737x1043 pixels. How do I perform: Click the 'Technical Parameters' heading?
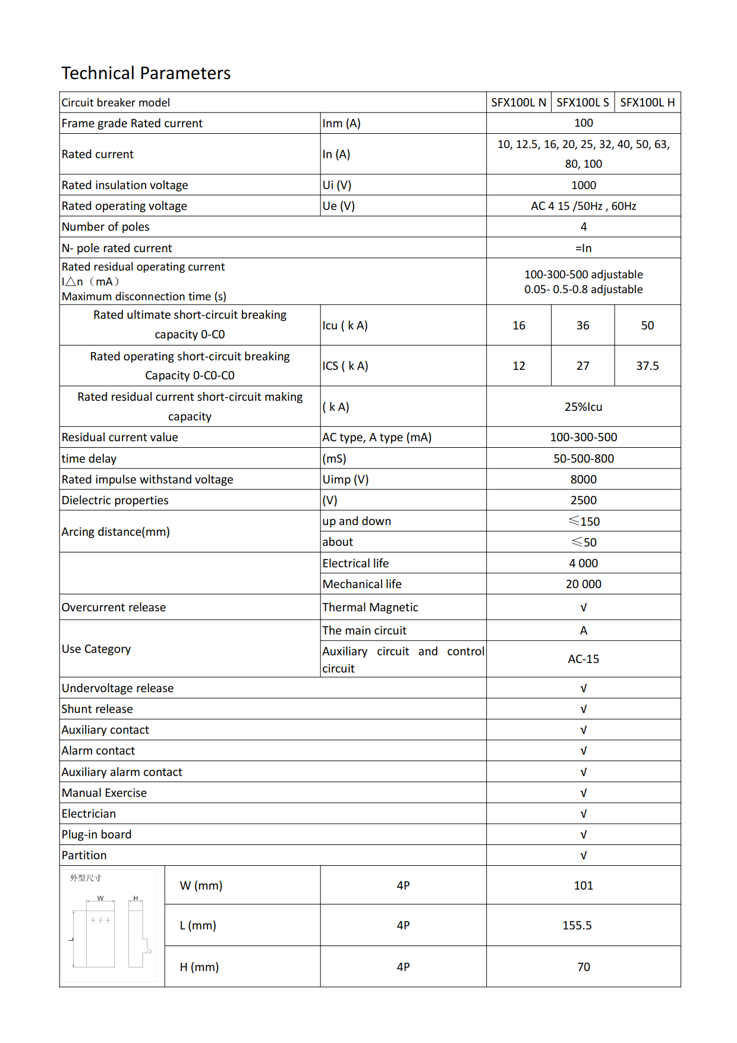[x=146, y=73]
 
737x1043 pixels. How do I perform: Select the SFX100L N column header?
[x=518, y=102]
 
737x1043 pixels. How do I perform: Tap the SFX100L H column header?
[x=647, y=102]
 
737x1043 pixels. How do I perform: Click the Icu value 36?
[x=582, y=325]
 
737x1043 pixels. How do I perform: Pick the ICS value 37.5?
[x=647, y=366]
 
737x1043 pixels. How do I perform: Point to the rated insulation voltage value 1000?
[x=583, y=185]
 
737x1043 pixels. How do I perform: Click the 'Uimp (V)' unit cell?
[x=345, y=479]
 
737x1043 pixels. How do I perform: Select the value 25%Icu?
[x=583, y=407]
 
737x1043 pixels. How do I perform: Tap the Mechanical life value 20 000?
[x=583, y=584]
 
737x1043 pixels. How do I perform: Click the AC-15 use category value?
[x=583, y=659]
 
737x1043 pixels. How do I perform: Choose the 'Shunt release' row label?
[x=97, y=709]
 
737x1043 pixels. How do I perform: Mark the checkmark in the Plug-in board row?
[x=583, y=835]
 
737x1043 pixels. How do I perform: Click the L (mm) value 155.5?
[x=577, y=925]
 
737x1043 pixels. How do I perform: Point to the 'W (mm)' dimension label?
[x=201, y=885]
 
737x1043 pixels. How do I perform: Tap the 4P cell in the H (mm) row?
[x=403, y=967]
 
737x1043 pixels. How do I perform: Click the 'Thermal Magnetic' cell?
[x=370, y=607]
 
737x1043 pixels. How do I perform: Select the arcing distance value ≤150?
[x=584, y=521]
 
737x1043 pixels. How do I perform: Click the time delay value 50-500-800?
[x=583, y=458]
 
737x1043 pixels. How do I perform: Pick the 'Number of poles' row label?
[x=106, y=227]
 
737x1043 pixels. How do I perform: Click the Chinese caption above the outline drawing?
[x=86, y=878]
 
